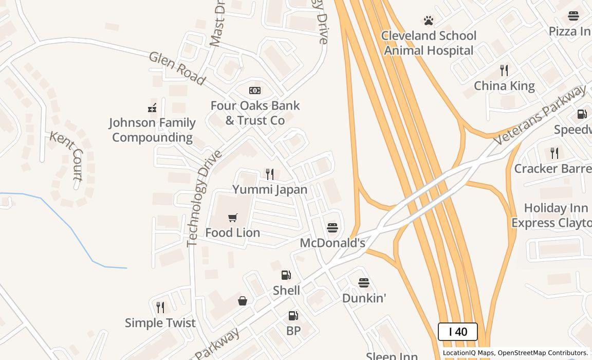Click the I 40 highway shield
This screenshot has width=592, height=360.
click(x=457, y=332)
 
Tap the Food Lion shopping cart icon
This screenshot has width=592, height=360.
click(x=233, y=218)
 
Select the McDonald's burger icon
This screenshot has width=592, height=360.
click(x=332, y=227)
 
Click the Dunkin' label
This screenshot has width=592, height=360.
click(x=364, y=298)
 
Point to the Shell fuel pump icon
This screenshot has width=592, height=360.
click(x=286, y=275)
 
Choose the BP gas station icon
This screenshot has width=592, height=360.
click(x=293, y=316)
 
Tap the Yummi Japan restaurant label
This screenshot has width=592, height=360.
click(x=270, y=189)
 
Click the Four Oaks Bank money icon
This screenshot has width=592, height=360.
click(x=254, y=91)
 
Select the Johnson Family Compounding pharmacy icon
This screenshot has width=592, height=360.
click(x=152, y=107)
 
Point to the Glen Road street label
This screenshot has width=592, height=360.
click(x=177, y=68)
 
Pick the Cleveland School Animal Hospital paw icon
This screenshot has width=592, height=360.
click(x=429, y=21)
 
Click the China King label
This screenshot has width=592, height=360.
click(x=504, y=86)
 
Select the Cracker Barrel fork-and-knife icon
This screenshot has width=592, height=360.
click(x=554, y=153)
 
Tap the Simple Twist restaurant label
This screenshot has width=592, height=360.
click(x=160, y=323)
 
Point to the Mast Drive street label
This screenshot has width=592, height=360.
click(x=218, y=23)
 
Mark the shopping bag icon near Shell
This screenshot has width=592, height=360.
click(x=243, y=301)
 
